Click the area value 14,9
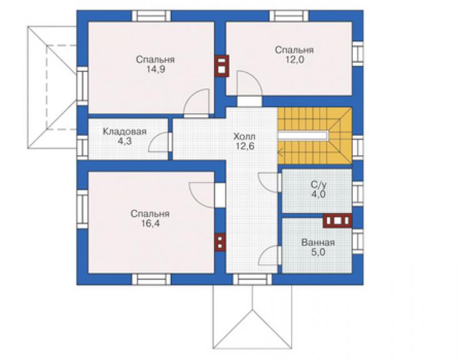(155, 69)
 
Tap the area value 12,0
(295, 59)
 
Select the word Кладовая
(125, 131)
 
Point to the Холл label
(244, 137)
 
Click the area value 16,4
(150, 224)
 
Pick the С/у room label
(318, 185)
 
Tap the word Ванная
(318, 243)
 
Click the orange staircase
(315, 136)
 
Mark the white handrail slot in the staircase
(303, 136)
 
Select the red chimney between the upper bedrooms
(221, 66)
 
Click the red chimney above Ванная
(337, 220)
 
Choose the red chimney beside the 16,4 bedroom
(220, 242)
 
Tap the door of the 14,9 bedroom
(196, 103)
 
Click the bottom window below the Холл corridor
(253, 279)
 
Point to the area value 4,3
(125, 141)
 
